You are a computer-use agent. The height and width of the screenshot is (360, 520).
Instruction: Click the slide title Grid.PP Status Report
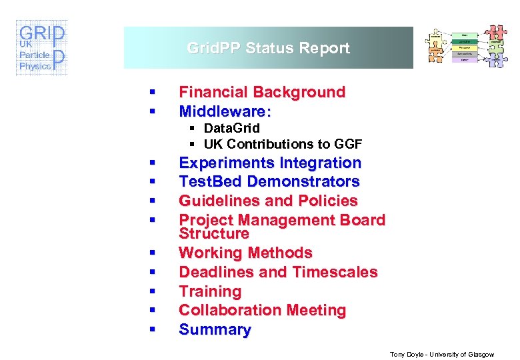[x=268, y=48]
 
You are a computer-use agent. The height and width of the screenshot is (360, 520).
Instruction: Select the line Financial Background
[x=262, y=92]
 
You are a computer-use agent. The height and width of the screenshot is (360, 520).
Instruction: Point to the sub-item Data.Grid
[x=231, y=128]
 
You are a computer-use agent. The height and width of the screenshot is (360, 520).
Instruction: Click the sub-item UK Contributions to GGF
[x=283, y=144]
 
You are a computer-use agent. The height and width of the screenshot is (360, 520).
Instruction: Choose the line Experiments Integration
[x=270, y=163]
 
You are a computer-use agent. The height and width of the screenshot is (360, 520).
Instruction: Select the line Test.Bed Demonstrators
[x=269, y=181]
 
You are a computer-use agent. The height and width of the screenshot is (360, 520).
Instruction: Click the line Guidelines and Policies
[x=268, y=201]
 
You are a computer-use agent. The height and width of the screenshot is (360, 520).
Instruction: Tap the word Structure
[x=213, y=234]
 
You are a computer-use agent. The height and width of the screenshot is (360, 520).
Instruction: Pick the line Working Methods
[x=245, y=253]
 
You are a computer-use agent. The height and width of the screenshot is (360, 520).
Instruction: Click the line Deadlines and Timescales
[x=278, y=272]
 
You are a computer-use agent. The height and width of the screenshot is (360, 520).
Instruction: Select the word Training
[x=210, y=291]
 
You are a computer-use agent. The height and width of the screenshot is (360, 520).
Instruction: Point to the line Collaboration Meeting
[x=262, y=310]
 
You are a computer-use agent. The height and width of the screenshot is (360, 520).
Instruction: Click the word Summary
[x=215, y=329]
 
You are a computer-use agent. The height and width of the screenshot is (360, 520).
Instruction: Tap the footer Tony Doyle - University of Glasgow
[x=442, y=355]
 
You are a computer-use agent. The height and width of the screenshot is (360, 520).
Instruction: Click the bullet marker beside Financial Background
[x=153, y=93]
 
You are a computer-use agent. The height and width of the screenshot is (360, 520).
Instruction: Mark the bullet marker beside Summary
[x=153, y=330]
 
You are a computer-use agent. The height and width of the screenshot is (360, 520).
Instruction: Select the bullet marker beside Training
[x=153, y=292]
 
